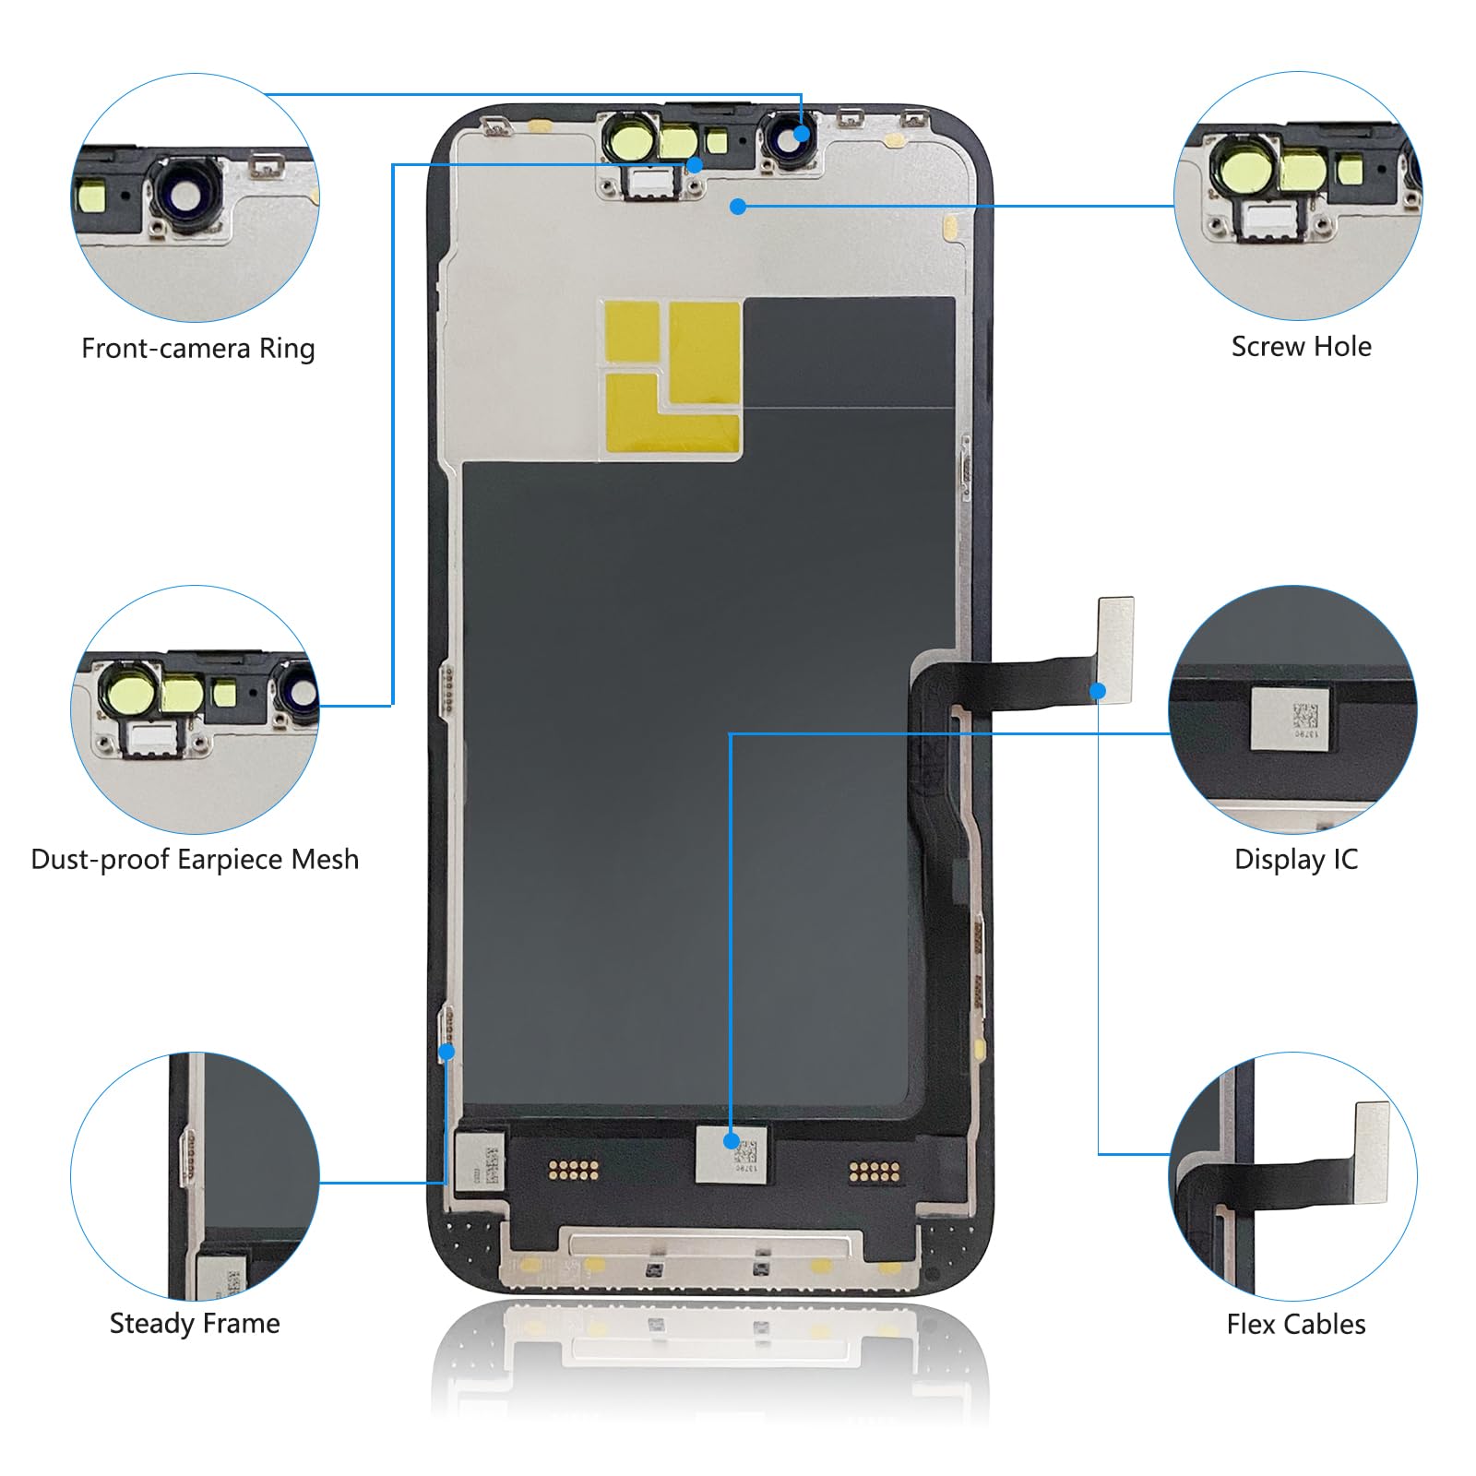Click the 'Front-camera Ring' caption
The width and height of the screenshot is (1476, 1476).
click(198, 349)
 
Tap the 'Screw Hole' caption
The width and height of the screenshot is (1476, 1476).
click(1301, 347)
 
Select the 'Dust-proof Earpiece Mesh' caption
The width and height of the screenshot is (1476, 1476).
click(195, 860)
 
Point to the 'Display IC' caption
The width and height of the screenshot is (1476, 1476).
click(1295, 860)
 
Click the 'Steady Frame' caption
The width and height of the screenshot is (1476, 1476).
click(195, 1324)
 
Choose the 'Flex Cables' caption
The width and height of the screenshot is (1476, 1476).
click(1295, 1325)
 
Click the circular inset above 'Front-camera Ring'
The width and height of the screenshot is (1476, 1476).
click(196, 197)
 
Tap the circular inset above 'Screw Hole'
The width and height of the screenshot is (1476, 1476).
click(1298, 196)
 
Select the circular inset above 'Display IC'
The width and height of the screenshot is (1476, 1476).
click(1292, 709)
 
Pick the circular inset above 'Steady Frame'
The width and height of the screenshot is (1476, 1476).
click(196, 1176)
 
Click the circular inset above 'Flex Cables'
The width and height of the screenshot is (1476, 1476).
click(1292, 1176)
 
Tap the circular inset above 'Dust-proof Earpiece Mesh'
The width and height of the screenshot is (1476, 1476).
click(196, 709)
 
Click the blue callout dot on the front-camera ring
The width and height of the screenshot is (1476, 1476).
click(802, 134)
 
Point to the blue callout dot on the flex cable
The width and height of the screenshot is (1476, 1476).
click(1098, 690)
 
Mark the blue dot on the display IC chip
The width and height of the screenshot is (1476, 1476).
click(732, 1141)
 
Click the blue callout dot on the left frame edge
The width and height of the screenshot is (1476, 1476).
click(447, 1052)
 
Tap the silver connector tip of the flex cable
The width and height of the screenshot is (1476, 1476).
click(1115, 637)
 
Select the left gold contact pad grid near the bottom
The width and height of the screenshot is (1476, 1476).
click(574, 1171)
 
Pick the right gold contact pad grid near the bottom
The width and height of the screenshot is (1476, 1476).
click(874, 1172)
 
